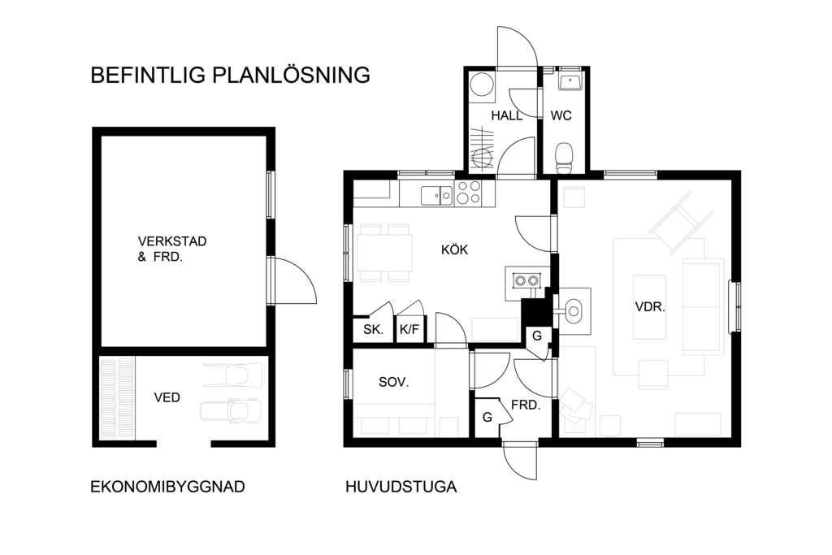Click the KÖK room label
point(455,249)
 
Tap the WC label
point(561,115)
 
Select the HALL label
point(507,115)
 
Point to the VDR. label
point(650,306)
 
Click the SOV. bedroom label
point(394,382)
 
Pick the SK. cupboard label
point(373,329)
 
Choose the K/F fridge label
point(409,329)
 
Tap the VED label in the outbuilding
point(167,397)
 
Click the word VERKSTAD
point(172,241)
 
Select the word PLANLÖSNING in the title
point(292,75)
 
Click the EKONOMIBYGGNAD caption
point(167,487)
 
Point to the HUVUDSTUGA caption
point(401,487)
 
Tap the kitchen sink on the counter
point(436,196)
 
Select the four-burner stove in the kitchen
point(468,193)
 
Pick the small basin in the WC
point(570,82)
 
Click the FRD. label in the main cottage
point(526,405)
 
